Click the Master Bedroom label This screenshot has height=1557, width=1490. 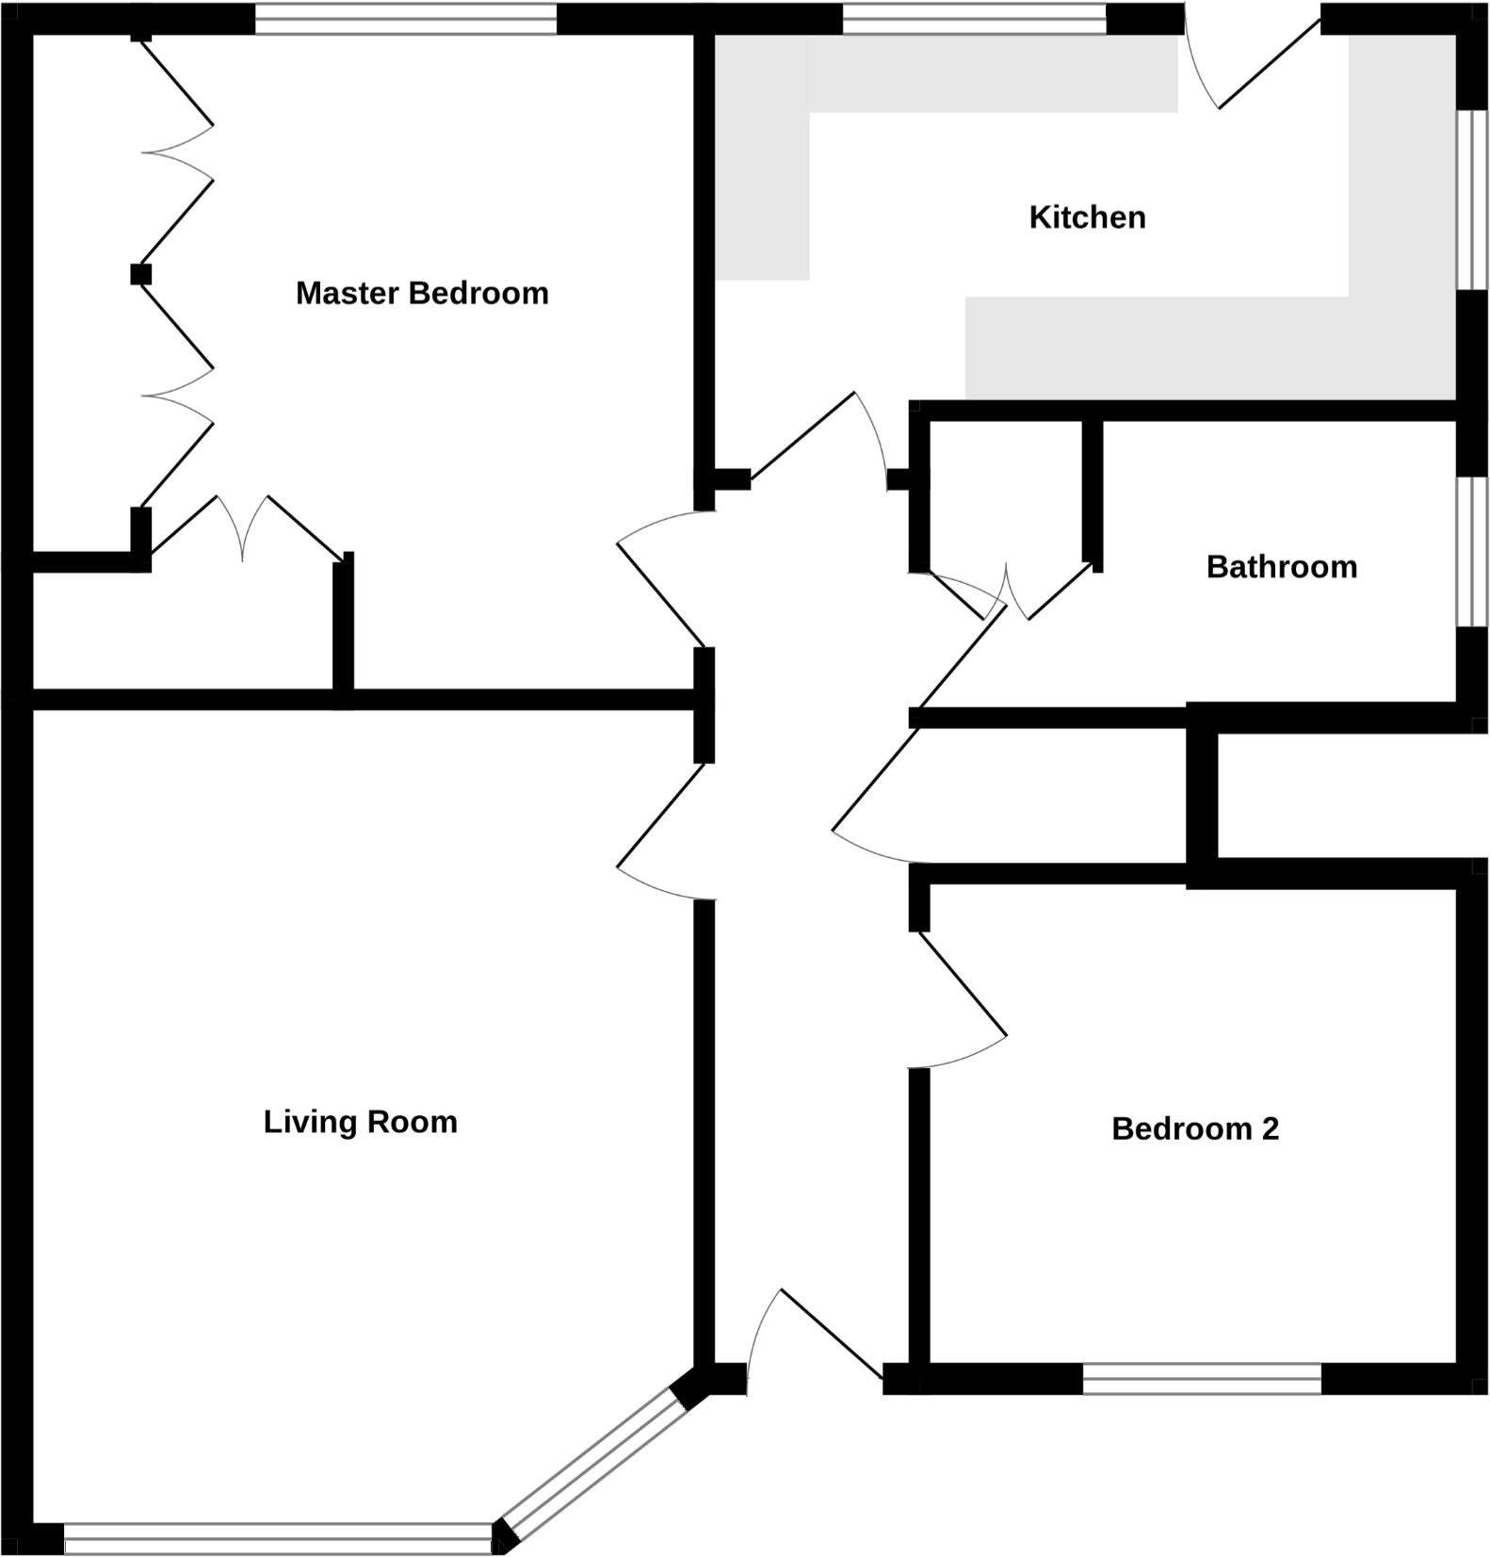[x=421, y=293]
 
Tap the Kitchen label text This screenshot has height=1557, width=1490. [x=1087, y=218]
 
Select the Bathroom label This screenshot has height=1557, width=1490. [x=1281, y=567]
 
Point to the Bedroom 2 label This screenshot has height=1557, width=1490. [x=1194, y=1128]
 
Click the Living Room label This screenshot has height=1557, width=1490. [x=360, y=1122]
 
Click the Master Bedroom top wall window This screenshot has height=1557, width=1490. [x=406, y=20]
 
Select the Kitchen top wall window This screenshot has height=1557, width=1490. [x=974, y=20]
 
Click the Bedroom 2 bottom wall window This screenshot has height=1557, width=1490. [x=1202, y=1380]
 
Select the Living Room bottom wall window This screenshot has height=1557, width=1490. [x=278, y=1539]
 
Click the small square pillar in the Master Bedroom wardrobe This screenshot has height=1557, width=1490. [x=140, y=274]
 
